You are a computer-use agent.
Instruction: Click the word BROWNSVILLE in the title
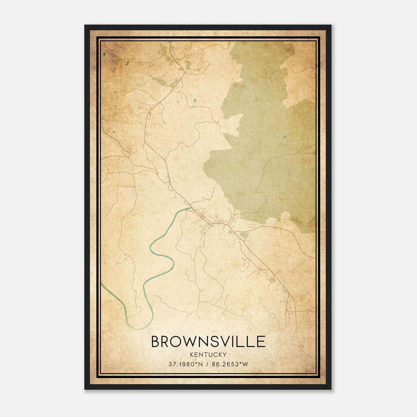click(x=208, y=341)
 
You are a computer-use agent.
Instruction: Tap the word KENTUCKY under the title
click(x=208, y=354)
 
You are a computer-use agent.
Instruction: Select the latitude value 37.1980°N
click(x=185, y=364)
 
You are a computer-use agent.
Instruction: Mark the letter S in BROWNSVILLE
click(x=219, y=341)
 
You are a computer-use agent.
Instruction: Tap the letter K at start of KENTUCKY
click(x=192, y=354)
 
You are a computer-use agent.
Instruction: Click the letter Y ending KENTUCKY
click(x=225, y=354)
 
